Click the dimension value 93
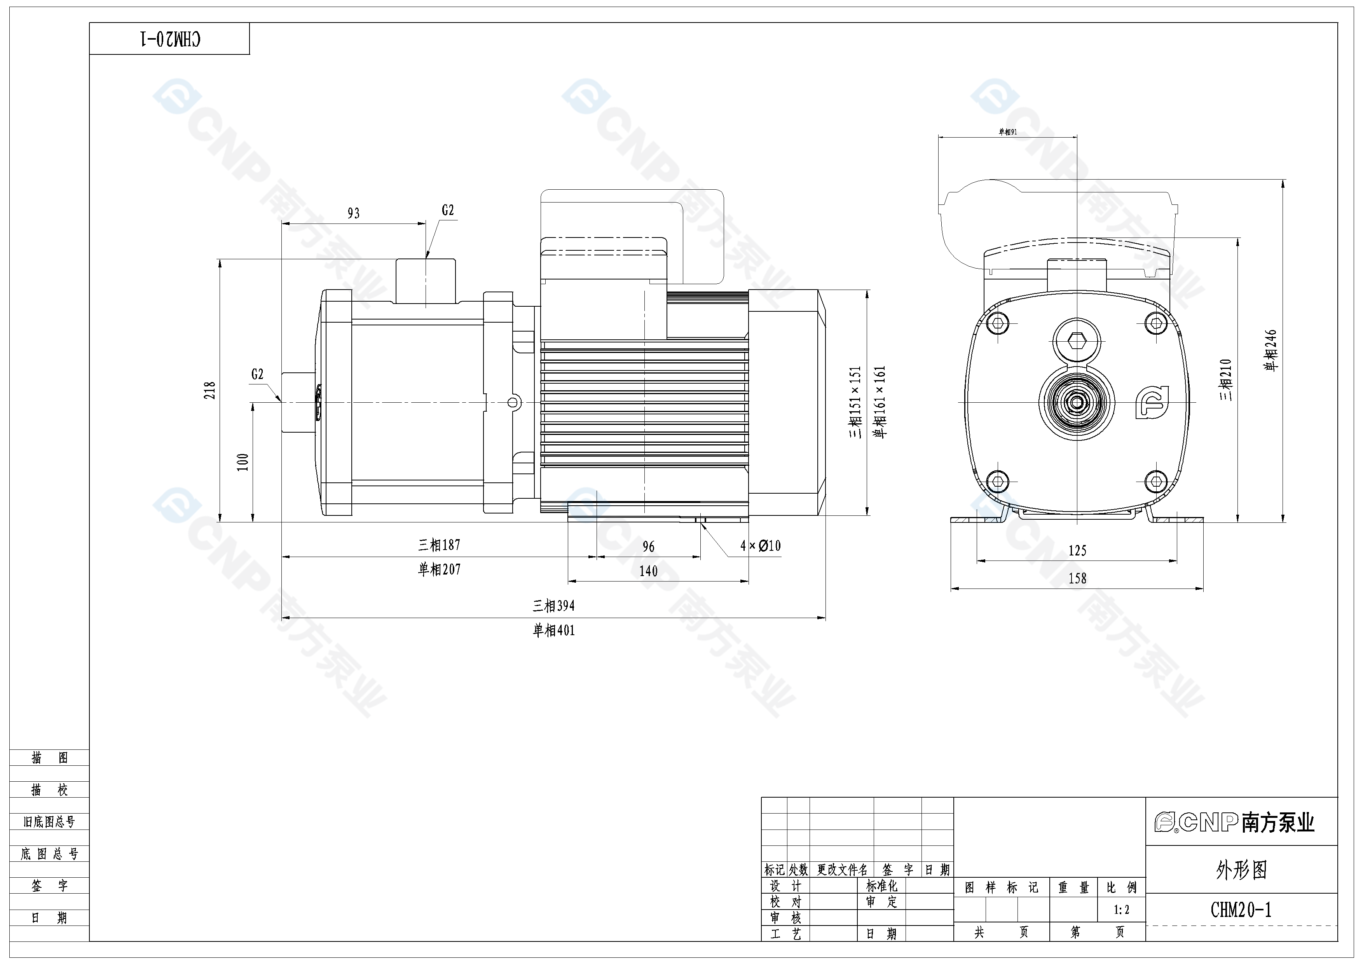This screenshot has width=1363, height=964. point(353,213)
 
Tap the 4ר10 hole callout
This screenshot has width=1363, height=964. point(761,545)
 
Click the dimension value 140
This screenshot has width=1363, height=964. point(648,571)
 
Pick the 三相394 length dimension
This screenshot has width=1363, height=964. point(553,606)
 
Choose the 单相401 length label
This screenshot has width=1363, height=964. point(553,630)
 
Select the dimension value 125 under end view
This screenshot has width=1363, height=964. point(1077,551)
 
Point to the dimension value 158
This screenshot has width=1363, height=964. point(1077,578)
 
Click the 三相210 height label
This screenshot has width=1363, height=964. point(1226,379)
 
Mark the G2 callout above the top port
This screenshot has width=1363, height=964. point(448,210)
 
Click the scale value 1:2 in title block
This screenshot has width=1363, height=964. point(1121,910)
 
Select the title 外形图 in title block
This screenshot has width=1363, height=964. point(1241,870)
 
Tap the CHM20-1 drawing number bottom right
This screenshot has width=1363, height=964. point(1241,910)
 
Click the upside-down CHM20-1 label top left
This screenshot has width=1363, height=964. point(170,39)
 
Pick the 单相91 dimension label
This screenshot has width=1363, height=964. point(1007,132)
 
